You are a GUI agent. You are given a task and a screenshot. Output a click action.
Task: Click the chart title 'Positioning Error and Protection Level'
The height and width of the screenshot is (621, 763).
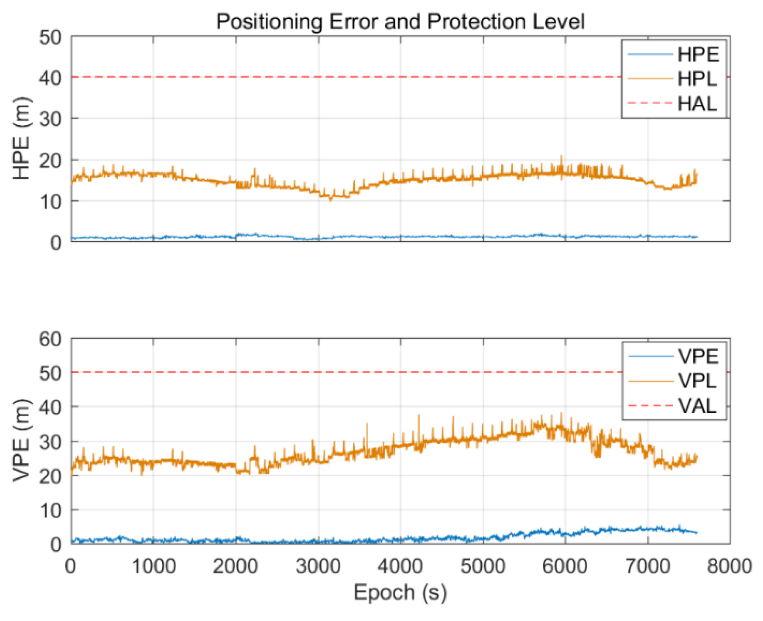[400, 21]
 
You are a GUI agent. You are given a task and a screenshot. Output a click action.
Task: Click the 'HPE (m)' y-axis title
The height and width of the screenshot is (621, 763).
[21, 138]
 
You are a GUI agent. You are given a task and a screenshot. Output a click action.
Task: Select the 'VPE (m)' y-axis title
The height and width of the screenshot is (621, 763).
[21, 440]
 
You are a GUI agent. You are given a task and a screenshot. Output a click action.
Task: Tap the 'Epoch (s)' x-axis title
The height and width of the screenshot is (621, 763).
[400, 593]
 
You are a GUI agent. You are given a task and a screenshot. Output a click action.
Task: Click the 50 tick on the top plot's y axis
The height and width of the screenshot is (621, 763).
[50, 37]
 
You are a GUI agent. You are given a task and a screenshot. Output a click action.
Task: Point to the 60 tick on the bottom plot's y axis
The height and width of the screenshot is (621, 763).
[50, 339]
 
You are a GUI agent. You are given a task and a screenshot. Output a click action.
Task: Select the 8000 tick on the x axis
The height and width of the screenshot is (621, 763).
[729, 566]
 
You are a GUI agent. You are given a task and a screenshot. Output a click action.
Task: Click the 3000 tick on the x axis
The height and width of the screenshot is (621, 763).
[318, 566]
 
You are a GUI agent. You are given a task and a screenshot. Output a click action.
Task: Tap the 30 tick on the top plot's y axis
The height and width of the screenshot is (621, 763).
[50, 119]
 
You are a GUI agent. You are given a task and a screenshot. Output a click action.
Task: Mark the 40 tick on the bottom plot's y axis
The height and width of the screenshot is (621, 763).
[50, 408]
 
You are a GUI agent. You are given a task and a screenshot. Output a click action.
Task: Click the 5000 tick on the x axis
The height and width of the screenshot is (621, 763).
[483, 566]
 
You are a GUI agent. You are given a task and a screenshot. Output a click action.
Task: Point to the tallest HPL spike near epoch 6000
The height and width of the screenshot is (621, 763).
[561, 157]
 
